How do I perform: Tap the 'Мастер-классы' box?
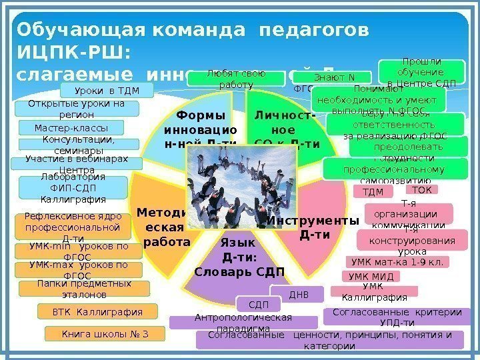pyautogui.click(x=71, y=127)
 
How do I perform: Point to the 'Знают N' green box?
pyautogui.click(x=333, y=78)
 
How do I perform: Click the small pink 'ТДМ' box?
pyautogui.click(x=377, y=193)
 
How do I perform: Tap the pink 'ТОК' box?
pyautogui.click(x=427, y=190)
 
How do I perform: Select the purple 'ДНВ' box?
pyautogui.click(x=297, y=294)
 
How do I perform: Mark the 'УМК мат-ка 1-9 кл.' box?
pyautogui.click(x=396, y=262)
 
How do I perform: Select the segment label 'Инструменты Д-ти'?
pyautogui.click(x=310, y=227)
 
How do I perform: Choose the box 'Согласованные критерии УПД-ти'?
pyautogui.click(x=393, y=316)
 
